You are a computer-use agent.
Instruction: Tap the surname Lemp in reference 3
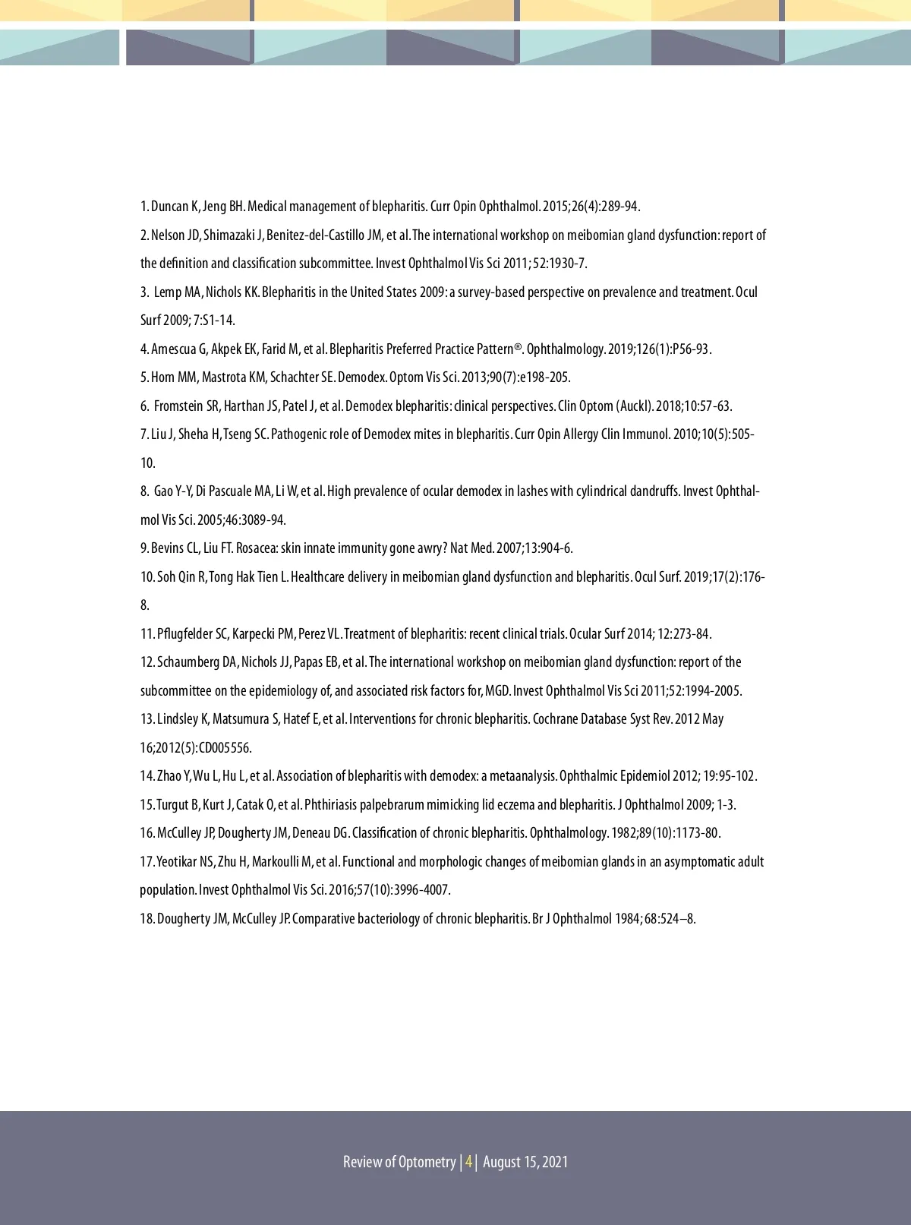tap(166, 292)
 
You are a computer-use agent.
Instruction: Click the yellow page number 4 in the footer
tap(469, 1162)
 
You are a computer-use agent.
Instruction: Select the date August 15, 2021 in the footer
tap(525, 1162)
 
